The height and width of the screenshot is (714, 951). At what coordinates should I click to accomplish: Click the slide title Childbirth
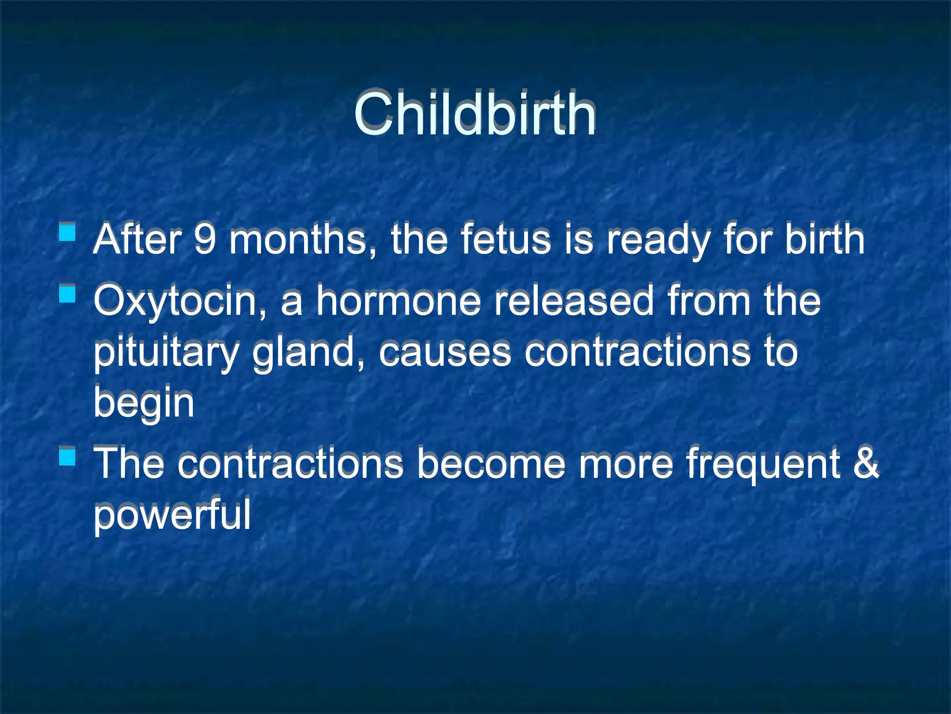(475, 114)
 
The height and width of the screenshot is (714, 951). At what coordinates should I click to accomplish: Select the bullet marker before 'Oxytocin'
(68, 294)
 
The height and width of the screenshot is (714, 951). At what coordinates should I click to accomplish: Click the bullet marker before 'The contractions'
(68, 456)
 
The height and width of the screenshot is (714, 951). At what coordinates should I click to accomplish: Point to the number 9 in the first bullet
(205, 240)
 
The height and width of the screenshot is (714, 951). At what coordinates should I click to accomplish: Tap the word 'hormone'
(398, 301)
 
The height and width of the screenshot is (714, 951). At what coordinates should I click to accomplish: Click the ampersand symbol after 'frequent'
(866, 463)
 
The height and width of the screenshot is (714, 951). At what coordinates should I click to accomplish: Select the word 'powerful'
(172, 515)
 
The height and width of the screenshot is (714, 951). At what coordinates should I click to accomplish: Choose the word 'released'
(574, 301)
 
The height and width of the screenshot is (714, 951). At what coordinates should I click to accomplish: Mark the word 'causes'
(445, 352)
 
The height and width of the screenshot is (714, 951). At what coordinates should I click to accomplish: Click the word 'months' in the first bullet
(297, 240)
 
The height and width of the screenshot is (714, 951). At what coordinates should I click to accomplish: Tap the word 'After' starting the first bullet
(137, 240)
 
